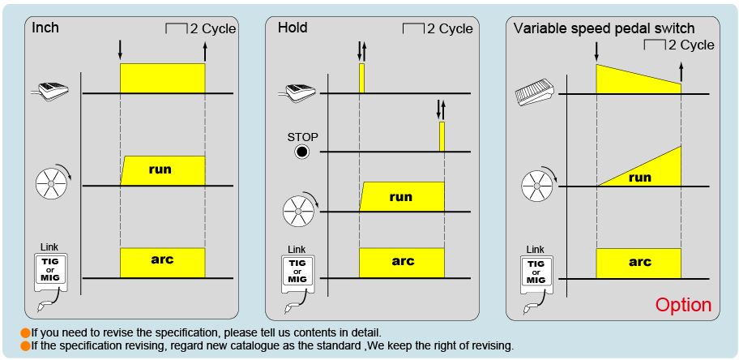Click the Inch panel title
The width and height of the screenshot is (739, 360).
[45, 28]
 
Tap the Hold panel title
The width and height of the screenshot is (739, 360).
[293, 28]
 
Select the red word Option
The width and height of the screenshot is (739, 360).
[683, 305]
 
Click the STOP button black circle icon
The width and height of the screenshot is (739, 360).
[301, 152]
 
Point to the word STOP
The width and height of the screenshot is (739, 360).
[302, 137]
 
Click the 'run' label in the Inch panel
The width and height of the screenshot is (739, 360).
[160, 169]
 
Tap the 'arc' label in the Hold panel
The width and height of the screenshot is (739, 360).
[403, 260]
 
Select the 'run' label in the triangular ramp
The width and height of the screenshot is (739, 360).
[639, 178]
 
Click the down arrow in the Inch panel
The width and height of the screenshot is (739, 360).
[120, 50]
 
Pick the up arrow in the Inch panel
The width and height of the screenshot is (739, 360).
[204, 51]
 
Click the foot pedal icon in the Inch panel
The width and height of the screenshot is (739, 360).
[51, 90]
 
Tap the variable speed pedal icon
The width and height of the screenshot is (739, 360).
[534, 92]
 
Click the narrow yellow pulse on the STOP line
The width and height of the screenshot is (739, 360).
[442, 136]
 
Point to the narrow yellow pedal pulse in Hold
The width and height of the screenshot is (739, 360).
[361, 79]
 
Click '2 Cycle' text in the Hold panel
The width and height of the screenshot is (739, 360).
[450, 28]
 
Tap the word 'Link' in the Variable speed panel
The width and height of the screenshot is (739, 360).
[535, 250]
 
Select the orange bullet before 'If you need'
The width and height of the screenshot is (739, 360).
[26, 332]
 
